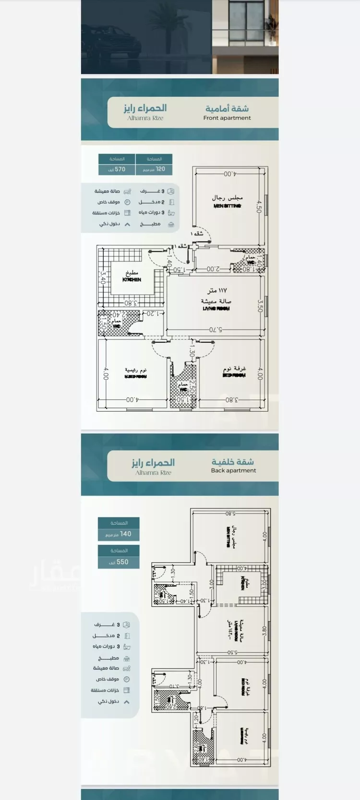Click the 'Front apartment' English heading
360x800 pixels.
point(227,118)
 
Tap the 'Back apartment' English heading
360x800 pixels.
point(233,471)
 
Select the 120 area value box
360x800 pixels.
point(154,169)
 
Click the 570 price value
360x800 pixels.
point(117,169)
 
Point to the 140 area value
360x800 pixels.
point(119,534)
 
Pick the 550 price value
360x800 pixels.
point(119,562)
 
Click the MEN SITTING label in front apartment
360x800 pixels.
point(228,206)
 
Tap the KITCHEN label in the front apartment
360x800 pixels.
point(132,279)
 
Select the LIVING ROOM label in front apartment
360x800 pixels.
point(216,309)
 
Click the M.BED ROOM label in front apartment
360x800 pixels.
point(135,377)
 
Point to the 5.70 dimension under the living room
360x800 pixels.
point(216,330)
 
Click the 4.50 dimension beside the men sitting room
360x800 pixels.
point(259,207)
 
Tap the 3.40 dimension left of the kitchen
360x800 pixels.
point(102,278)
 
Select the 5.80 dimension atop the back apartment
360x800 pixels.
point(230,513)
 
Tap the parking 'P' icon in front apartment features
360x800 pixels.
point(127,202)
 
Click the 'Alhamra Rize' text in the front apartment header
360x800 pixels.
point(145,118)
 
